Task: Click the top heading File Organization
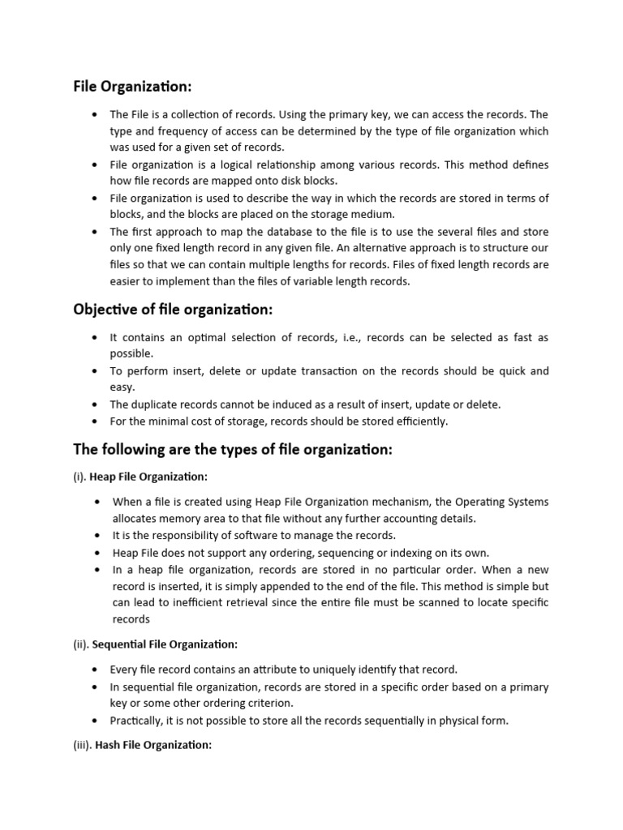[x=133, y=87]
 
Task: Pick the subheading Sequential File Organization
[x=165, y=644]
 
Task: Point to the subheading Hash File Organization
[x=153, y=745]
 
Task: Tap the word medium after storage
[x=372, y=214]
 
